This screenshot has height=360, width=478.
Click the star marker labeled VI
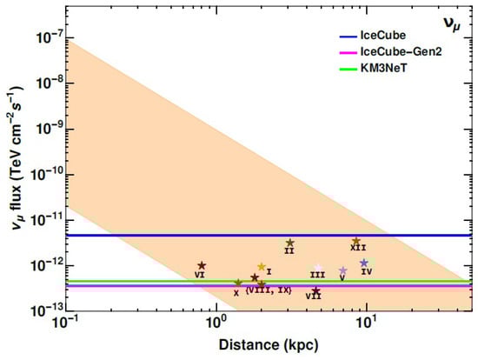(x=202, y=266)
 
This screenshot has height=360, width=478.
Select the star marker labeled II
(x=289, y=243)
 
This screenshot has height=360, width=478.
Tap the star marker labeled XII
(x=356, y=241)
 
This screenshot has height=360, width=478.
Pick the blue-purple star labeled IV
(x=364, y=263)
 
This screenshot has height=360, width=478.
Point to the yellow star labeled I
(x=262, y=267)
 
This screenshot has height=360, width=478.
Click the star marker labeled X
(x=238, y=283)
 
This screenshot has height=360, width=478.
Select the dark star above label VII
(x=316, y=290)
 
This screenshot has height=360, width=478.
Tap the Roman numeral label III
(x=318, y=275)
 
